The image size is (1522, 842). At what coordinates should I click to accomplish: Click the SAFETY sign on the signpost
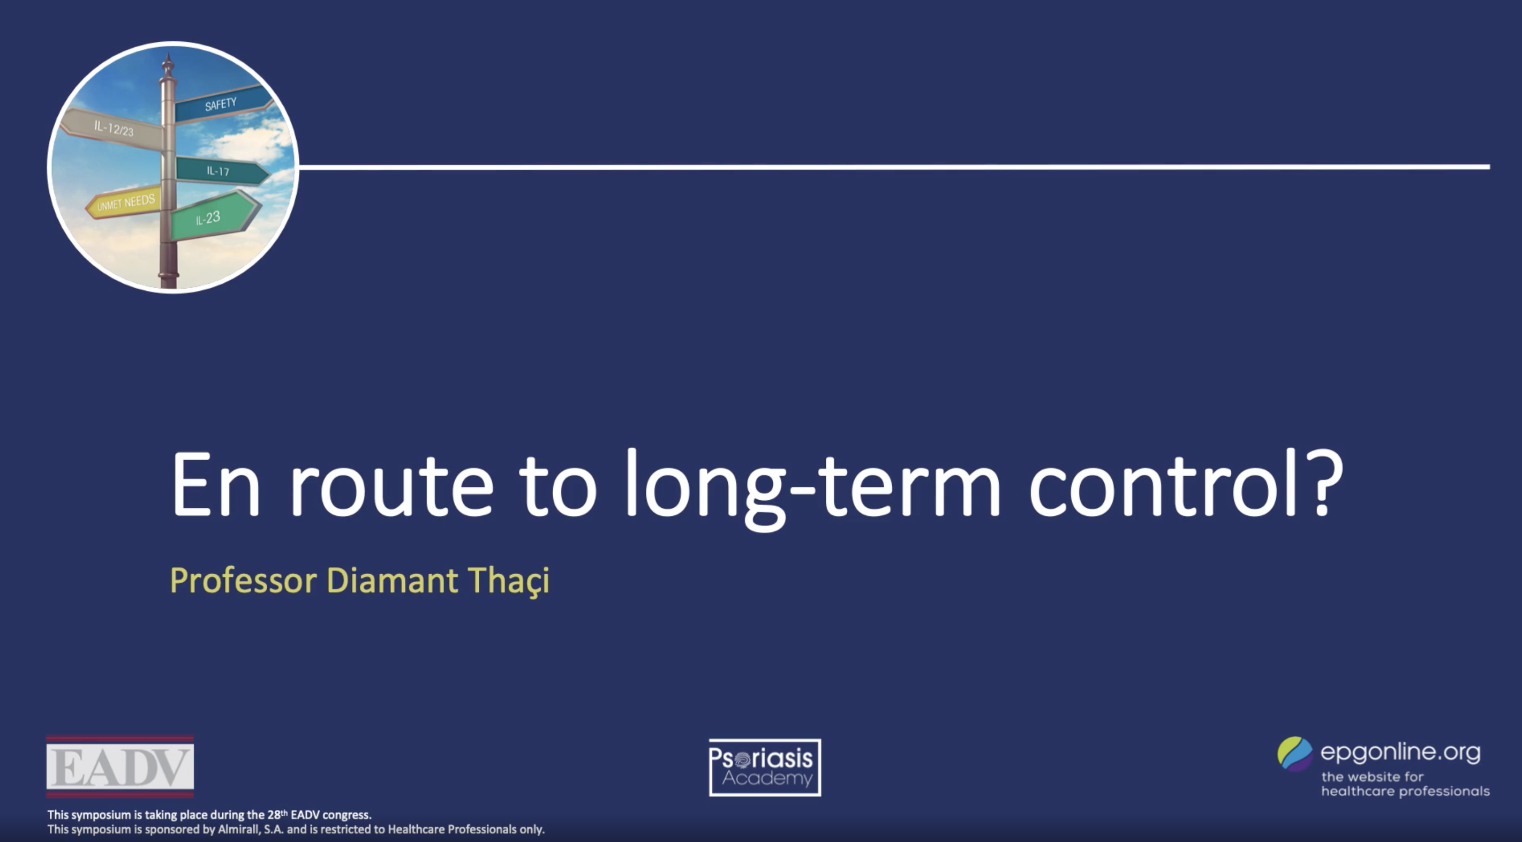(221, 105)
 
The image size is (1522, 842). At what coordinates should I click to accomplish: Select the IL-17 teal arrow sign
(218, 171)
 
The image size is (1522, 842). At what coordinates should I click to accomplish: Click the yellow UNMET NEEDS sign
(125, 202)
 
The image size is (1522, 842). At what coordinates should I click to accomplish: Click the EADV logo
(120, 767)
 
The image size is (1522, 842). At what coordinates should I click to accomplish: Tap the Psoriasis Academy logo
(765, 767)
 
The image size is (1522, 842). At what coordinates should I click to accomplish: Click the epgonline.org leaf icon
(1294, 754)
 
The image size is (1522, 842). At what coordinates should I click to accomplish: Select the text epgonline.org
(1400, 752)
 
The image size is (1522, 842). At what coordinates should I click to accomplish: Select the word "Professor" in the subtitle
(243, 580)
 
